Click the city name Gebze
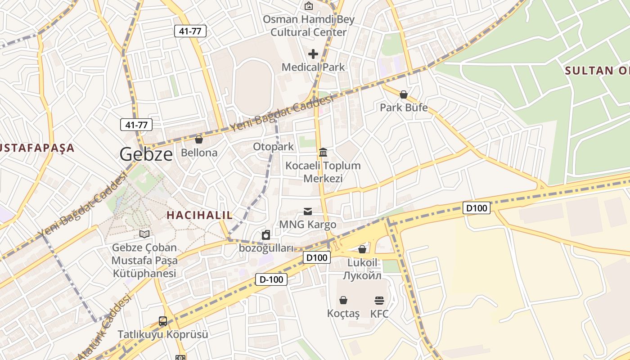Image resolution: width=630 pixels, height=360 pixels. tap(146, 155)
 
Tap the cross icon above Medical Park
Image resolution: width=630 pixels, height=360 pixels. tap(313, 54)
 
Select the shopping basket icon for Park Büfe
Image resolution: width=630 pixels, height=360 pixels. tap(404, 94)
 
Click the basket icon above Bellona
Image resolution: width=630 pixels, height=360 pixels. tap(199, 140)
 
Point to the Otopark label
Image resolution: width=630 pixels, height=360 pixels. tap(273, 147)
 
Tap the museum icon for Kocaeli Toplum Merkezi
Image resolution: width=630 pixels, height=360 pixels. tap(323, 152)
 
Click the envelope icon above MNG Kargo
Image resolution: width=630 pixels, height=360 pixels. tap(308, 211)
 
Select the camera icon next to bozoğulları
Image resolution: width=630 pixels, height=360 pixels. tap(266, 235)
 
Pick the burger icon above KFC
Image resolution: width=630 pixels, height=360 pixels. tap(379, 300)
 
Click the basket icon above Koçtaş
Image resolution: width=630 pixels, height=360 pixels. tap(343, 300)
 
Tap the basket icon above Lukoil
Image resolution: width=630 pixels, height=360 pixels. tap(362, 249)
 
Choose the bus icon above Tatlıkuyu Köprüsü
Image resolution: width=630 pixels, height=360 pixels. tap(163, 321)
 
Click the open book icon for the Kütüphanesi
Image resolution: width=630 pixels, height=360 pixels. tap(144, 234)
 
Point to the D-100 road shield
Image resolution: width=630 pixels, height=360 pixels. tap(271, 279)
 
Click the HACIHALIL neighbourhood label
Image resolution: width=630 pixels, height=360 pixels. tap(200, 215)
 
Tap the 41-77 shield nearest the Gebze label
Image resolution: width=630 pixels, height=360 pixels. tap(136, 125)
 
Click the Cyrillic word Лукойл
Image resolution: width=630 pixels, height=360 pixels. tap(362, 275)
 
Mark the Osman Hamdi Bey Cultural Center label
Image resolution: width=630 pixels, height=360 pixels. tap(309, 26)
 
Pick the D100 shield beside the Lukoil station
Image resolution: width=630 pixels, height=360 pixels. tap(317, 258)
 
